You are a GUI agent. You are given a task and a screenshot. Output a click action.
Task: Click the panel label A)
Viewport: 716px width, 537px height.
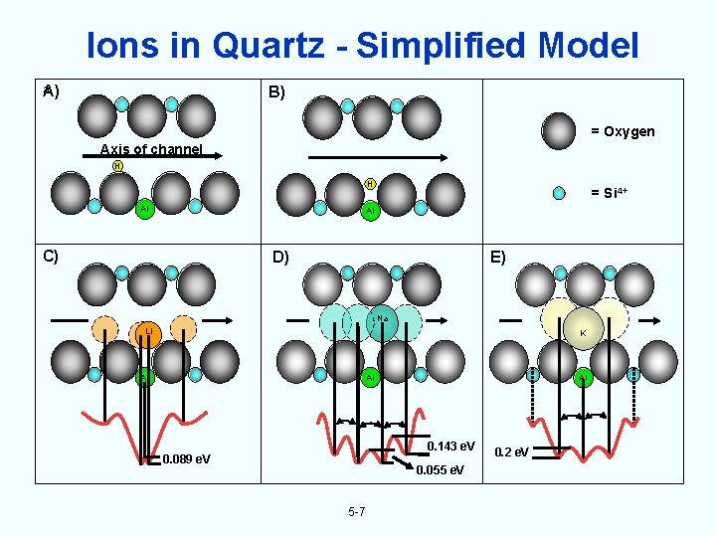[x=50, y=91]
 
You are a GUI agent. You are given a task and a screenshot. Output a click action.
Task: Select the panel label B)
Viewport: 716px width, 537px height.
[x=275, y=92]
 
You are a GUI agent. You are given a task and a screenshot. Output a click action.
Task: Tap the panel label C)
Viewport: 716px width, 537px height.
[x=51, y=254]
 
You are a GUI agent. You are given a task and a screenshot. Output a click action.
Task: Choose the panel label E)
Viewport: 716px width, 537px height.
[x=495, y=258]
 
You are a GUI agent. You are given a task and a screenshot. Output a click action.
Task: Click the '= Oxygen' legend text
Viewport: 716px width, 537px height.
[x=623, y=131]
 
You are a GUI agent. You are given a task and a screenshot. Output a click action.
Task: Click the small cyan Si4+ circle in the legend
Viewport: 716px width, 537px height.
[x=559, y=192]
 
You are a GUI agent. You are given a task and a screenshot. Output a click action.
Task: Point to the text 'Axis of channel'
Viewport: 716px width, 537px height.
[x=151, y=150]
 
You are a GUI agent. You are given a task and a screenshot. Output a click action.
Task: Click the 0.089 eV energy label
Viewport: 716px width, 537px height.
[x=186, y=458]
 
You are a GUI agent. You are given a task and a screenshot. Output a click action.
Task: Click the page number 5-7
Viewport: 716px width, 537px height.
[x=357, y=512]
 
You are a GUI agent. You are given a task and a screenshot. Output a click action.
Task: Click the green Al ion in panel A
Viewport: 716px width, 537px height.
[x=144, y=209]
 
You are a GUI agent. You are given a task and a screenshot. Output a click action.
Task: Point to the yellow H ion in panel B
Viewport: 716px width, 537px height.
[x=369, y=183]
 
